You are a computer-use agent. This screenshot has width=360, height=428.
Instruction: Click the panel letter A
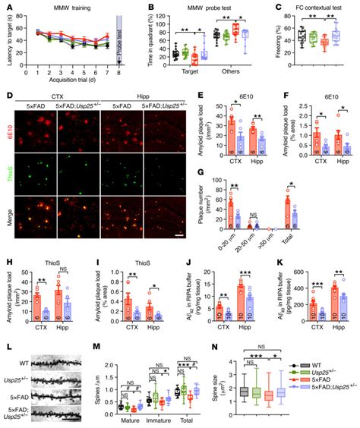[x=5, y=7]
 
